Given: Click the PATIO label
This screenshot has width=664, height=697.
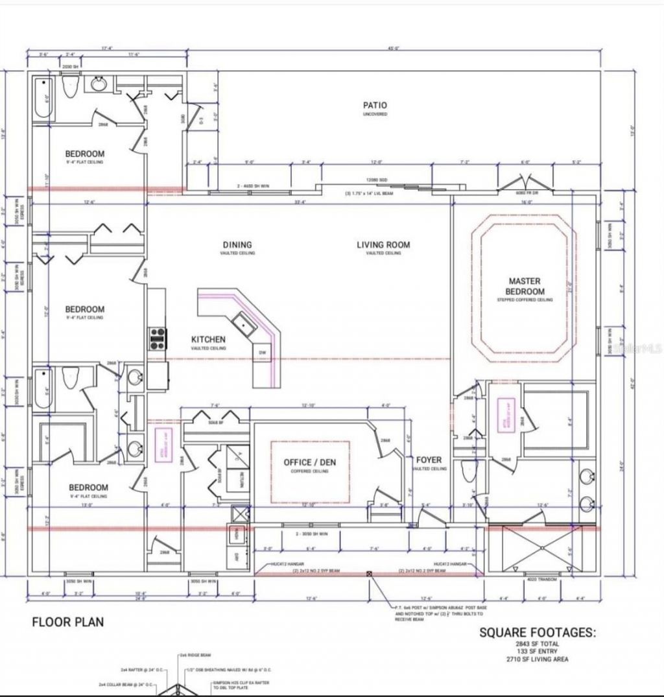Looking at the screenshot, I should (375, 105).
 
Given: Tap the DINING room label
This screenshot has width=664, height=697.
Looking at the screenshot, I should (237, 245).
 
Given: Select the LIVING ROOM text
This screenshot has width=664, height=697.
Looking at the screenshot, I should (383, 245).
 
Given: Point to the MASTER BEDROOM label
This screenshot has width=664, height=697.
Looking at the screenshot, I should (525, 287).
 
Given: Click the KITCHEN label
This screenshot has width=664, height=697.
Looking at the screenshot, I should (208, 340).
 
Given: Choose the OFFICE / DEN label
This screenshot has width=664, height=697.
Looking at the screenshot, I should (310, 462).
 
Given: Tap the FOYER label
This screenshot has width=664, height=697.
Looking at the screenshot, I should (429, 460).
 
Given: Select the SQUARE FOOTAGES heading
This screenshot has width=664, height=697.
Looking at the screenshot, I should (536, 632).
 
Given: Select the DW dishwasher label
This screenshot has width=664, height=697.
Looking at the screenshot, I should (263, 353).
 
